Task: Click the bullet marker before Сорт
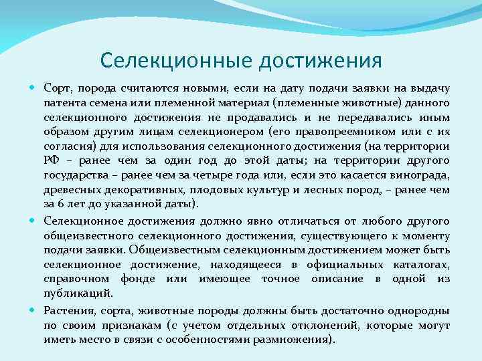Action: point(34,88)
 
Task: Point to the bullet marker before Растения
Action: point(34,310)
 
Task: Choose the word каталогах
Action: point(420,264)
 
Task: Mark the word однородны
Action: point(416,311)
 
